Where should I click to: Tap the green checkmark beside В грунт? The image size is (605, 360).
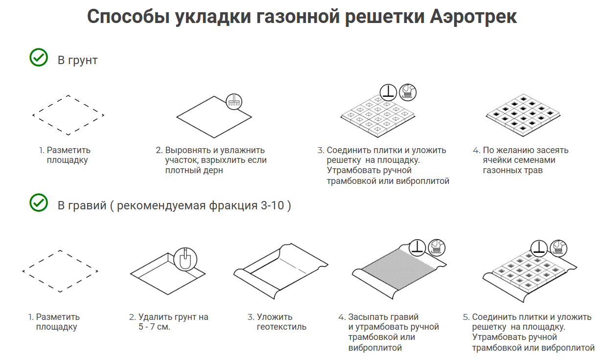(38, 57)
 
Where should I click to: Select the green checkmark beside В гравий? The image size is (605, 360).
(38, 202)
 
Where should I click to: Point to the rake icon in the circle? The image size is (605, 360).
(234, 102)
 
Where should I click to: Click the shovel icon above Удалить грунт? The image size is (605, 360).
(185, 258)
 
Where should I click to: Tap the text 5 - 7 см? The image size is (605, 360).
(154, 327)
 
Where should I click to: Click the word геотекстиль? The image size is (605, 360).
(281, 327)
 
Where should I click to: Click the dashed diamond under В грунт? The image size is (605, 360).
(68, 115)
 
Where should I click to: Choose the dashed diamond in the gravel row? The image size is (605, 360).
(60, 271)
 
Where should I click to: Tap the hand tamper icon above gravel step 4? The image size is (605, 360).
(417, 247)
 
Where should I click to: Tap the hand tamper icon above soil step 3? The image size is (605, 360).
(388, 91)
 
